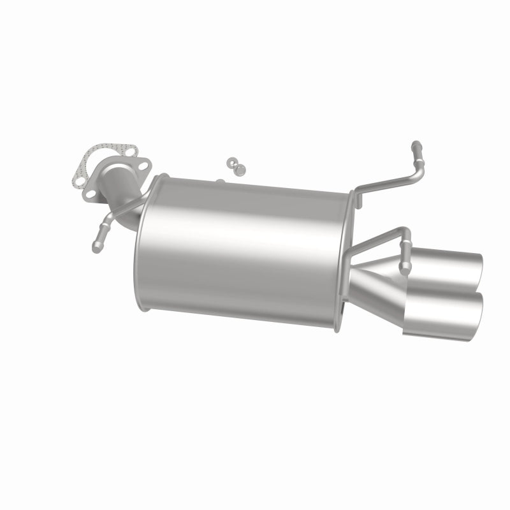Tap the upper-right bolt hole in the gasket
[x=131, y=152]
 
